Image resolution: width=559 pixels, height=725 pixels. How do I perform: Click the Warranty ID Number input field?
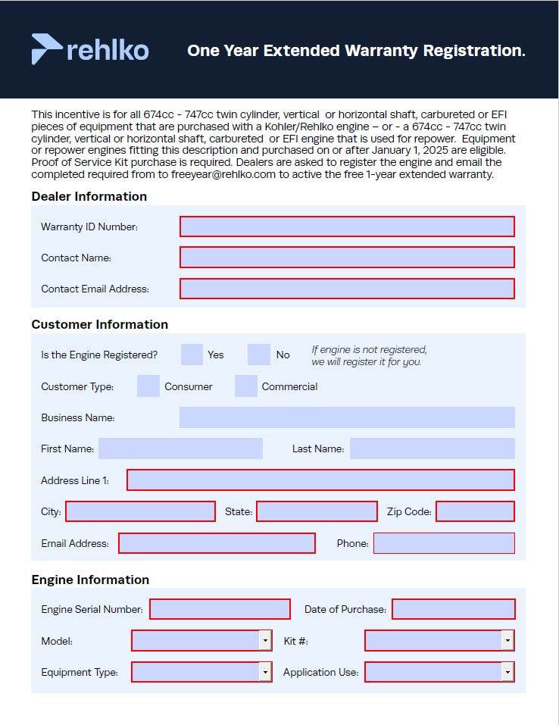(x=347, y=227)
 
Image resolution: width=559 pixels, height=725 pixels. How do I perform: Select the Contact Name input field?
(x=347, y=258)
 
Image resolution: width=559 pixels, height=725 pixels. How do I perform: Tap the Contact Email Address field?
(x=347, y=289)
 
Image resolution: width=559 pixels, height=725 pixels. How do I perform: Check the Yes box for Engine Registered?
(x=192, y=355)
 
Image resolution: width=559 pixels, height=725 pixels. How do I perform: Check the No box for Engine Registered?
(x=259, y=355)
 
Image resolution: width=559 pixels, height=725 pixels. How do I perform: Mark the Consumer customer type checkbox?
(x=148, y=386)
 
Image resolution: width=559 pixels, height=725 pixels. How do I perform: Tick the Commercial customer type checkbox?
(x=246, y=386)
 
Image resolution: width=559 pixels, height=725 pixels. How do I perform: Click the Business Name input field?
(x=347, y=417)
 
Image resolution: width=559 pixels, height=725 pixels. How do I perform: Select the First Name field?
(x=180, y=448)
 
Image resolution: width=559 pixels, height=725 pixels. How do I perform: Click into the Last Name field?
(x=432, y=448)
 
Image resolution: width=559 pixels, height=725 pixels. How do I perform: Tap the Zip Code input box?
(x=475, y=511)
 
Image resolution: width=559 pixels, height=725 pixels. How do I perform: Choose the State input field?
(x=317, y=511)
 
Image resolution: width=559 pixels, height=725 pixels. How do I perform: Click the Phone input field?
(x=444, y=543)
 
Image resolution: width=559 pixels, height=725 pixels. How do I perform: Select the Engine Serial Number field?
(x=220, y=609)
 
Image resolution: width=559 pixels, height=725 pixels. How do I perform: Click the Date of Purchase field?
(x=453, y=609)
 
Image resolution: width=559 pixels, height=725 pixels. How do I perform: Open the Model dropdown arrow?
(x=265, y=641)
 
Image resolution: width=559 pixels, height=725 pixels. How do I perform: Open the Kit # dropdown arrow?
(x=507, y=641)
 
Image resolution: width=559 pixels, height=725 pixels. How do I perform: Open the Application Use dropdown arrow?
(x=507, y=672)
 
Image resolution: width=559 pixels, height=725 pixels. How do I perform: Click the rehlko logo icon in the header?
(x=46, y=49)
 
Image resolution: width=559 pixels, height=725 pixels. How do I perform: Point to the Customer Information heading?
(x=99, y=324)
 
